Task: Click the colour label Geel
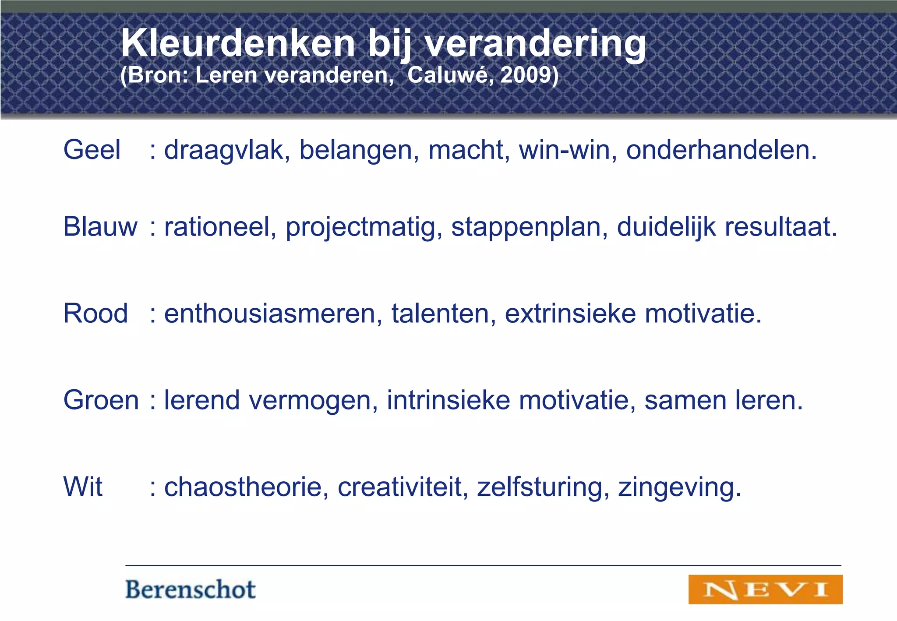click(92, 150)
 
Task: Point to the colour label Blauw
click(100, 227)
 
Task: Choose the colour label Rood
click(95, 314)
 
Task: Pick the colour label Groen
click(101, 400)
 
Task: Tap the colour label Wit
click(83, 487)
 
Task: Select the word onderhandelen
click(721, 150)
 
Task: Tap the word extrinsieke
click(570, 314)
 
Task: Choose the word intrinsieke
click(448, 400)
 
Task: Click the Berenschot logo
click(190, 589)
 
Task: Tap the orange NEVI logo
click(765, 589)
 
